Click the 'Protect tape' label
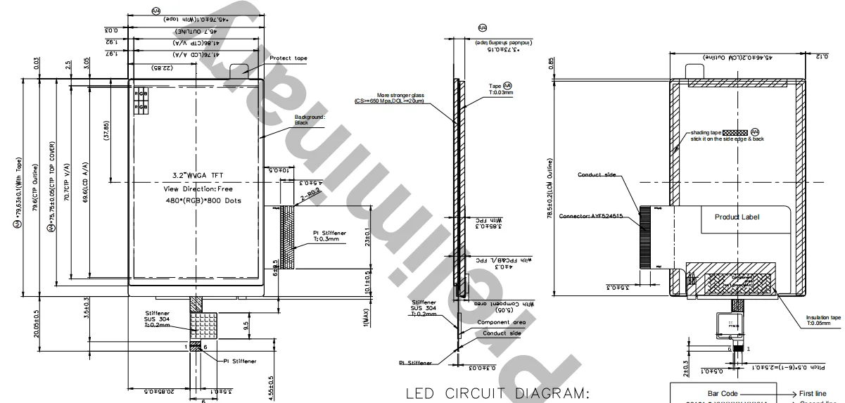point(288,58)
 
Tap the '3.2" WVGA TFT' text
point(198,174)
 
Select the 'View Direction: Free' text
point(198,188)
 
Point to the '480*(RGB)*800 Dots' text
point(199,201)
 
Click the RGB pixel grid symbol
point(141,100)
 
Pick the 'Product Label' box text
point(737,217)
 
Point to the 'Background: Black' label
point(310,119)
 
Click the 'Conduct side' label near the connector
point(597,174)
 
